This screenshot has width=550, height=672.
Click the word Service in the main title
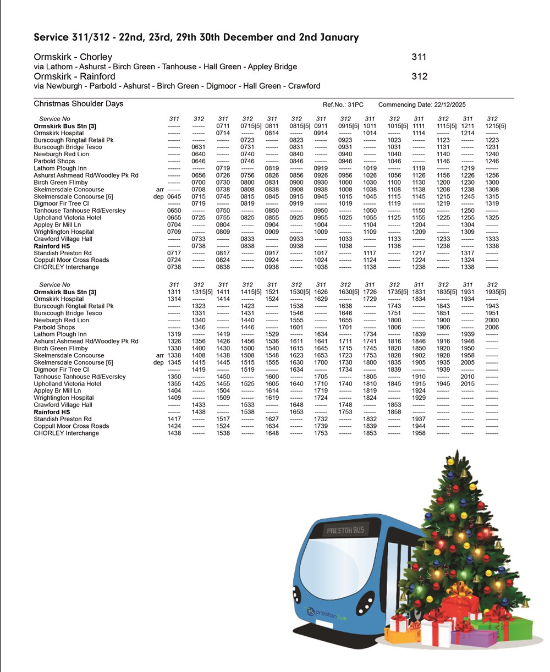[52, 38]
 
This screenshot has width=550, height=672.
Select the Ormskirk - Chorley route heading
[73, 57]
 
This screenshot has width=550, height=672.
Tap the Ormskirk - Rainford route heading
[74, 76]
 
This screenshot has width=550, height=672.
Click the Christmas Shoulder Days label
[78, 104]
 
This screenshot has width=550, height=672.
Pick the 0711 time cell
[223, 126]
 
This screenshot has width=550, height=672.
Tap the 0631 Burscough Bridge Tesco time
[199, 147]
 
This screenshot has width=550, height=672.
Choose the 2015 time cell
[468, 384]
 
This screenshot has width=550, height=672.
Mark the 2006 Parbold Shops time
[492, 328]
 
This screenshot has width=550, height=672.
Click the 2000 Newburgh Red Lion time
[492, 321]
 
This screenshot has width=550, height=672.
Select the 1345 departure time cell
[174, 363]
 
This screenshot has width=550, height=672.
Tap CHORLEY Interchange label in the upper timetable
[66, 267]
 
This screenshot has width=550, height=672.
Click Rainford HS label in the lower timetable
[52, 412]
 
